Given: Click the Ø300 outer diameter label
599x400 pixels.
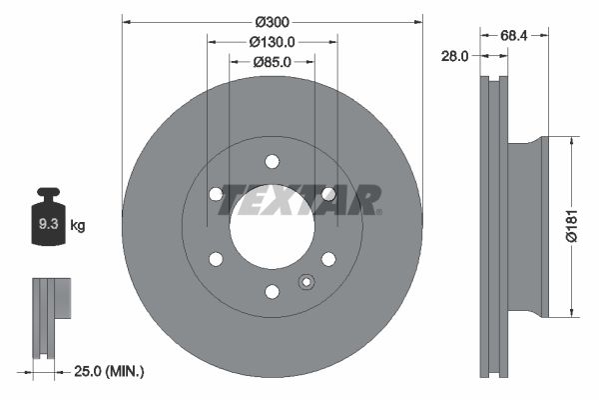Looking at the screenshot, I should pyautogui.click(x=272, y=21).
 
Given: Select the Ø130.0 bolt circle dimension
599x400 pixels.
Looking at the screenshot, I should pyautogui.click(x=272, y=42).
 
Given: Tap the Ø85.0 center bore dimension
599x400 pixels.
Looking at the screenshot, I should pyautogui.click(x=272, y=62).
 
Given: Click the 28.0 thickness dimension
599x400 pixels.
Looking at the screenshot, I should pyautogui.click(x=454, y=57).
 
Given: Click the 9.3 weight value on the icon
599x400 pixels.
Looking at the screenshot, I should pyautogui.click(x=47, y=225).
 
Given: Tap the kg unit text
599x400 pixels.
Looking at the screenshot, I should pyautogui.click(x=79, y=226).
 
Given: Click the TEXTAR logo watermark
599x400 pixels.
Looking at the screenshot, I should pyautogui.click(x=299, y=199).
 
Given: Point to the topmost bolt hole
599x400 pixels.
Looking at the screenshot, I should pyautogui.click(x=272, y=160).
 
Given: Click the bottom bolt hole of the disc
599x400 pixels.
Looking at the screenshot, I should pyautogui.click(x=272, y=291).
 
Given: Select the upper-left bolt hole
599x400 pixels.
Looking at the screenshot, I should pyautogui.click(x=216, y=193).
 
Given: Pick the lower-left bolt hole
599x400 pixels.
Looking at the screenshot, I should pyautogui.click(x=216, y=259).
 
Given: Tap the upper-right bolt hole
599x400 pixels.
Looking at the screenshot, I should pyautogui.click(x=328, y=193).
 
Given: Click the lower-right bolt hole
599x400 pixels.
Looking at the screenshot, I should pyautogui.click(x=328, y=259).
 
